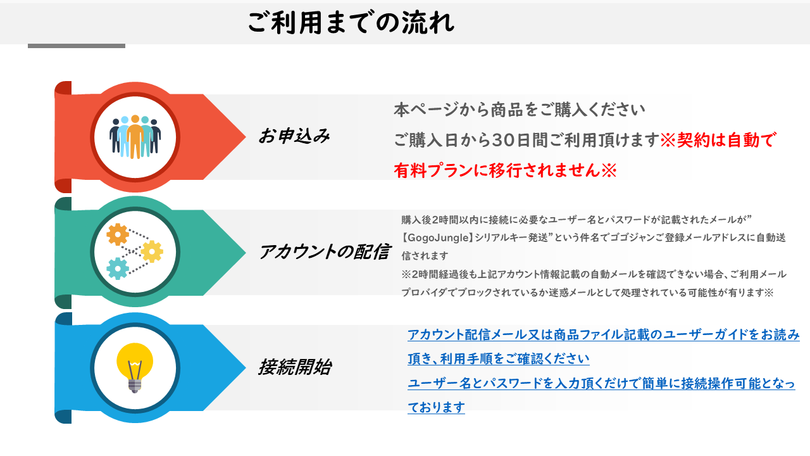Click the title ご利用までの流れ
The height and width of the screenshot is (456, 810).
point(351,22)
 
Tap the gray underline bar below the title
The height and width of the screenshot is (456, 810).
point(77,46)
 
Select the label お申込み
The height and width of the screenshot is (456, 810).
point(294,136)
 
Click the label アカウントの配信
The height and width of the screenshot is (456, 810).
point(325,251)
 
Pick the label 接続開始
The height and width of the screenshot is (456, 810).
point(295,367)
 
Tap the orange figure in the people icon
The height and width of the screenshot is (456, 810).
point(135,137)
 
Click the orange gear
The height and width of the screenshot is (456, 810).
point(118,234)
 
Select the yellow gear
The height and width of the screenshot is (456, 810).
point(152,251)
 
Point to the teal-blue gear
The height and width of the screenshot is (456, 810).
point(118,269)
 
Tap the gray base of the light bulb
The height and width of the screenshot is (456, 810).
point(135,386)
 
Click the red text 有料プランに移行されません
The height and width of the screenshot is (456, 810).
point(497,170)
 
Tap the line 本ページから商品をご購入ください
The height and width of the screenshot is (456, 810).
point(520,110)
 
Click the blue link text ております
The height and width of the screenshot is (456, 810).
point(436,407)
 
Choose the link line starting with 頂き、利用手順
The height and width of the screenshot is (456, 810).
point(499,358)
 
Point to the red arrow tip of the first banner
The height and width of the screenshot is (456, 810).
point(245,137)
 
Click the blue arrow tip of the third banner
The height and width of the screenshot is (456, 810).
point(245,368)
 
